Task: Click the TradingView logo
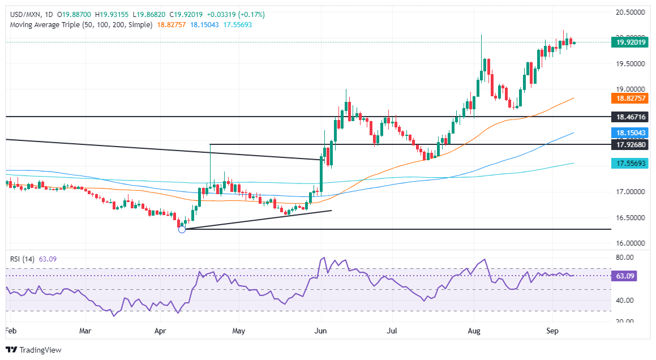(33, 350)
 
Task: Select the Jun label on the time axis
(321, 330)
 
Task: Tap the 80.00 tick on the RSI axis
(625, 258)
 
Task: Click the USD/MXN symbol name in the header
(23, 14)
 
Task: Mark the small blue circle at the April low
(182, 229)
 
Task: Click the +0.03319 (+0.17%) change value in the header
(237, 14)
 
